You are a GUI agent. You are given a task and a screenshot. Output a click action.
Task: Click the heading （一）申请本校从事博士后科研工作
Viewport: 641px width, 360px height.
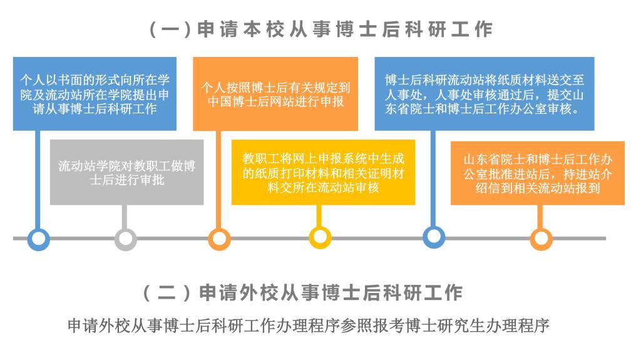pyautogui.click(x=321, y=29)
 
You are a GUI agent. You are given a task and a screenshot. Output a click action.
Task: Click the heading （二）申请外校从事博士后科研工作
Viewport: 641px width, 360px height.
pyautogui.click(x=303, y=293)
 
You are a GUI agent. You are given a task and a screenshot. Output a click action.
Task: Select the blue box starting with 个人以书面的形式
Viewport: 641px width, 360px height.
pyautogui.click(x=95, y=94)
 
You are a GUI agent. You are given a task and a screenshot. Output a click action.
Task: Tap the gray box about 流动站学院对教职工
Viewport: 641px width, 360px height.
pyautogui.click(x=126, y=172)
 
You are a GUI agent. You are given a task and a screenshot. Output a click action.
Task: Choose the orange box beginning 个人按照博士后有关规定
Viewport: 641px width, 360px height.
pyautogui.click(x=275, y=94)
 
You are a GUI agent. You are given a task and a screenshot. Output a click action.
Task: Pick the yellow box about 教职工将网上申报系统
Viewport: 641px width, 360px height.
pyautogui.click(x=324, y=172)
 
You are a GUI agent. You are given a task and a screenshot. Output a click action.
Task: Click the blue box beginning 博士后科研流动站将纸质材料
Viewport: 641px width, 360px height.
pyautogui.click(x=485, y=94)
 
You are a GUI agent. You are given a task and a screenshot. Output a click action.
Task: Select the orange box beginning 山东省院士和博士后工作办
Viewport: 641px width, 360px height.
pyautogui.click(x=538, y=173)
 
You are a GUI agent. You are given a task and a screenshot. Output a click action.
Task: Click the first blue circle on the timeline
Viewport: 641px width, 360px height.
pyautogui.click(x=38, y=239)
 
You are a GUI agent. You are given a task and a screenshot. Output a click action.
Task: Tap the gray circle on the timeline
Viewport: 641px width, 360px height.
pyautogui.click(x=125, y=239)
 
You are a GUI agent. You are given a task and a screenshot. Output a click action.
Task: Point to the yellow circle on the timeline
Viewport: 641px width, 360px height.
pyautogui.click(x=320, y=237)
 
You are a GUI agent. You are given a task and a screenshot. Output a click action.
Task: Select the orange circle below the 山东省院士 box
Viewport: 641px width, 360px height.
pyautogui.click(x=541, y=239)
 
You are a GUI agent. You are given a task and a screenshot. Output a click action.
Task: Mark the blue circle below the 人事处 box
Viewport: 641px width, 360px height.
pyautogui.click(x=433, y=237)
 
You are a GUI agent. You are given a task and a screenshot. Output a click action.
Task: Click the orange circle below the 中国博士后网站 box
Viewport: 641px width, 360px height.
pyautogui.click(x=219, y=239)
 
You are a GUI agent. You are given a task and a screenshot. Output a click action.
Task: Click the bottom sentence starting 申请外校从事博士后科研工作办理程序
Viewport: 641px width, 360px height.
pyautogui.click(x=309, y=326)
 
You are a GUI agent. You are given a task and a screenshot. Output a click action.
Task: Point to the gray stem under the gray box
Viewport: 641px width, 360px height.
pyautogui.click(x=125, y=217)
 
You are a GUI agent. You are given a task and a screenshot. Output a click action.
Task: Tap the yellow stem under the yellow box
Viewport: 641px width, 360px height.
pyautogui.click(x=319, y=215)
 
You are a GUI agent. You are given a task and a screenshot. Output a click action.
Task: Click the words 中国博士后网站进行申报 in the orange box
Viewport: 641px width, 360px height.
pyautogui.click(x=275, y=101)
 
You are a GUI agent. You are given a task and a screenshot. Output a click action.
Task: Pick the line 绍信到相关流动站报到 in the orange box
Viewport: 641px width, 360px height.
pyautogui.click(x=538, y=188)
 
